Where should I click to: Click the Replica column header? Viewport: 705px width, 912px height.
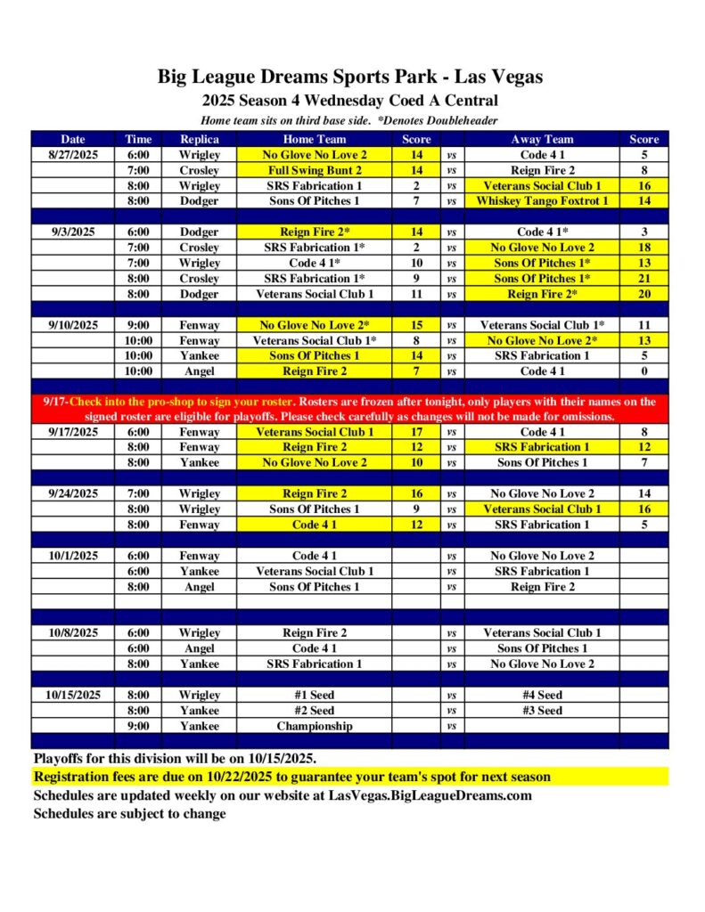[200, 139]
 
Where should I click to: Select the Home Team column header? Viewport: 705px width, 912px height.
[315, 139]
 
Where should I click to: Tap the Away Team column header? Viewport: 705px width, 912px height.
[542, 139]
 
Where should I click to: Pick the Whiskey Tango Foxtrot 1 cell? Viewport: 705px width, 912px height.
[542, 201]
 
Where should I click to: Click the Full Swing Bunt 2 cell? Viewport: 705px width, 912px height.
[315, 170]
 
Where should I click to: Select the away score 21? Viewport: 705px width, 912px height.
[644, 279]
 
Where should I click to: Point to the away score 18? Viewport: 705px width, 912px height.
[644, 248]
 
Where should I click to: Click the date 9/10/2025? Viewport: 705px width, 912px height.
[74, 325]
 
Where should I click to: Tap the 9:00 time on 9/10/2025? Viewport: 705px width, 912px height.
[138, 325]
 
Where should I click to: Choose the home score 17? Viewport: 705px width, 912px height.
[415, 432]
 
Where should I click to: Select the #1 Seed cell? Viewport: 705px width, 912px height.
[315, 695]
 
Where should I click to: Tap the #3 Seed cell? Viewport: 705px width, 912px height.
[542, 711]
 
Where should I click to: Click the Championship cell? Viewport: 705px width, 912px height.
[315, 726]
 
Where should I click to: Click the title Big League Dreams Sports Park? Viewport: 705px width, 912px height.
[350, 77]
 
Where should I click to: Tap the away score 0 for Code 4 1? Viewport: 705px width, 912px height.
[644, 371]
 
